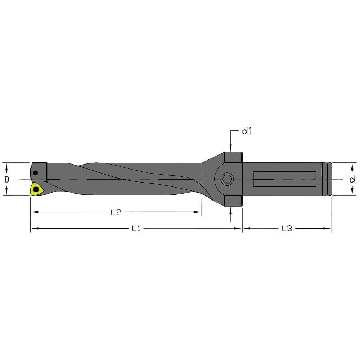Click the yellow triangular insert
36,189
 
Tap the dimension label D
6,179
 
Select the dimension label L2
115,212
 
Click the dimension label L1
136,228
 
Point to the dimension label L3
286,228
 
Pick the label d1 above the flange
247,132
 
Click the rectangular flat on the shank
284,179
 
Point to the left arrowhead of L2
33,212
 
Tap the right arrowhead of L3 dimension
328,228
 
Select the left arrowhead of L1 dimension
33,228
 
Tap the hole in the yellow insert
35,189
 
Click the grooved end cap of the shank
328,179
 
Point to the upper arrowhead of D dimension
6,166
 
